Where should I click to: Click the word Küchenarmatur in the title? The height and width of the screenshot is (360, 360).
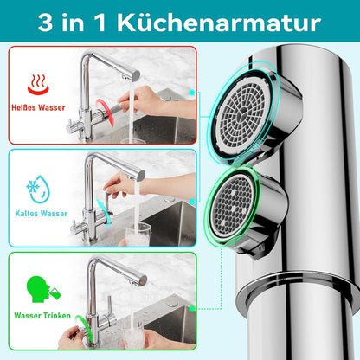tap(219, 22)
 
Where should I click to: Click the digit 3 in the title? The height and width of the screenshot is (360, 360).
tap(45, 23)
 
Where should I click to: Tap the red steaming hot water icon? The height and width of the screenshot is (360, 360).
tap(38, 85)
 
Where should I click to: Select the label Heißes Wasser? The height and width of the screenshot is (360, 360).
tap(38, 108)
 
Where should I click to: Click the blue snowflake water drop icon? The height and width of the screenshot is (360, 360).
tap(38, 190)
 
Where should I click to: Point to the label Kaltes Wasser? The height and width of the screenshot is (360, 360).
tap(42, 214)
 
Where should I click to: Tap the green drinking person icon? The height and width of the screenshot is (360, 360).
tap(43, 289)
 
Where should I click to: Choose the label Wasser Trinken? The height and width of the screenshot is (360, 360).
tap(42, 316)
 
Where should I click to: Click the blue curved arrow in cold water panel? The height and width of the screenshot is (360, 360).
tap(104, 214)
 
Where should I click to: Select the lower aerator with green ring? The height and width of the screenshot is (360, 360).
tap(235, 205)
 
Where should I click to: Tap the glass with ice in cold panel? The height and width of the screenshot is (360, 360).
tap(138, 234)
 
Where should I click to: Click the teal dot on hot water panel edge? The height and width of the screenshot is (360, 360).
tap(192, 93)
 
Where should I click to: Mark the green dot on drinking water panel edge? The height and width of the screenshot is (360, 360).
tap(191, 309)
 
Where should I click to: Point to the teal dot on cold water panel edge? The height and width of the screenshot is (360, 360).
tap(192, 202)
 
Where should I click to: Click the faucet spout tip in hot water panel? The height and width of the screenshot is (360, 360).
tap(136, 76)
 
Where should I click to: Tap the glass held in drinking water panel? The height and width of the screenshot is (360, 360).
tap(134, 336)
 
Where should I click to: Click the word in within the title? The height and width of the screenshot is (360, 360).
tap(73, 22)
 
